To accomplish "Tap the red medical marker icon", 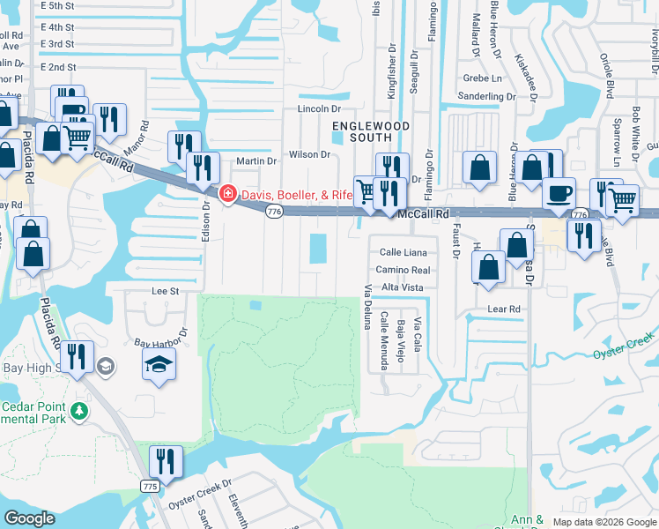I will coord(226,193).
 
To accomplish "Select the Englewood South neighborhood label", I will coord(371,131).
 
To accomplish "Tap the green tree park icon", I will coord(79,412).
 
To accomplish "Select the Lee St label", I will coord(166,290).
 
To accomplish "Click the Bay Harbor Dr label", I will coord(161,338).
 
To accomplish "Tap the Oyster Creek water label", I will coord(624,347).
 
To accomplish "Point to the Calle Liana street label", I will coord(404,252).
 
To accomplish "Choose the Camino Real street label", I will coord(403,270).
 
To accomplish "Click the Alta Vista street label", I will coord(403,287).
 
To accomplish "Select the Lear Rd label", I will coord(504,309).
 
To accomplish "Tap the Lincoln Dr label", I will coord(319,108).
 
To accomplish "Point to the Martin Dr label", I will coord(256,161).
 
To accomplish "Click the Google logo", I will coord(30,518).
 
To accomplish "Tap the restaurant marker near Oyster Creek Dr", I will coord(165,460).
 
